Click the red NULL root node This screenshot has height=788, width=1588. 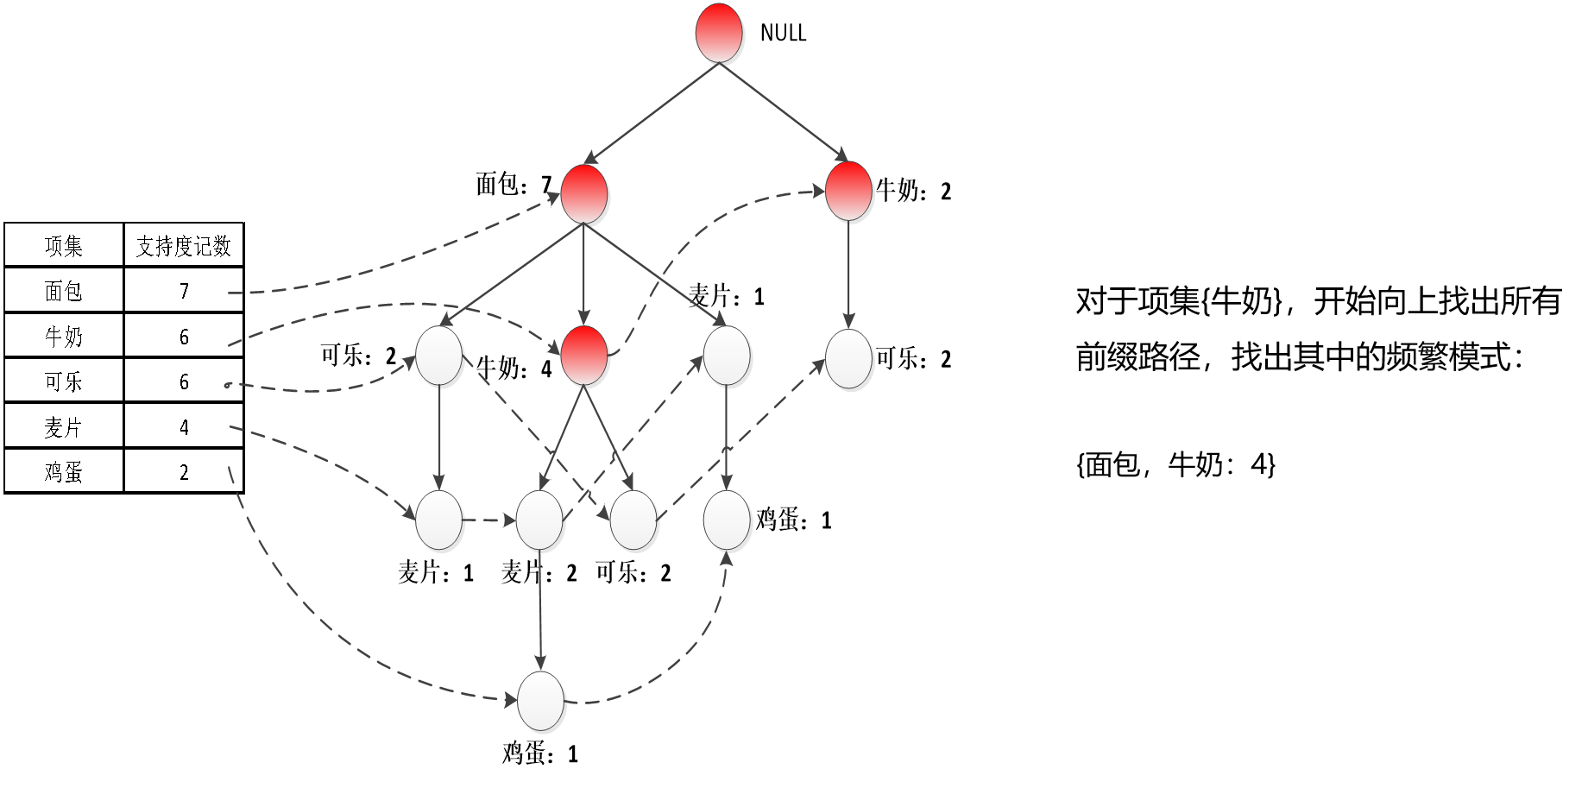coord(719,34)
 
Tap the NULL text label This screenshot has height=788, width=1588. coord(783,33)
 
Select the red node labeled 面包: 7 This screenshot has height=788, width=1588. coord(584,193)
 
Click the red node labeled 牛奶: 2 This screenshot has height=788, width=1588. coord(848,191)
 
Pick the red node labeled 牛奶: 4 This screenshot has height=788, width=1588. coord(584,356)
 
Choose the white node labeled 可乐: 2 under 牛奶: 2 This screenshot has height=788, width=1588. coord(848,358)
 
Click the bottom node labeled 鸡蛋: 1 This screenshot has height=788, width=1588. coord(540,700)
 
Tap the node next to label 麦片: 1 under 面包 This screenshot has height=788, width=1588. coord(727,356)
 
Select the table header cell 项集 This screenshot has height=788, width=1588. coord(64,246)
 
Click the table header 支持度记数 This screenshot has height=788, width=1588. coord(184,246)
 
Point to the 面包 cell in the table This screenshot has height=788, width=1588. coord(64,291)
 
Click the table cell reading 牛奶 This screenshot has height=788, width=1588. coord(64,337)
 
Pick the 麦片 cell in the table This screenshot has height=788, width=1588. coord(64,427)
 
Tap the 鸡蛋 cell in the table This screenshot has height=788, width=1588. coord(64,472)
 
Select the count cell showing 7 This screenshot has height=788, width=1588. coord(184,291)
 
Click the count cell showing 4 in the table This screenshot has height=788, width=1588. coord(184,427)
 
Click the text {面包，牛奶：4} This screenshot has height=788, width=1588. coord(1175,464)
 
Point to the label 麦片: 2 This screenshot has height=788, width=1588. coord(539,572)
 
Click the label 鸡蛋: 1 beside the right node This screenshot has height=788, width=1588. coord(793,520)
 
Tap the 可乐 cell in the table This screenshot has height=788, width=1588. coord(64,381)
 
